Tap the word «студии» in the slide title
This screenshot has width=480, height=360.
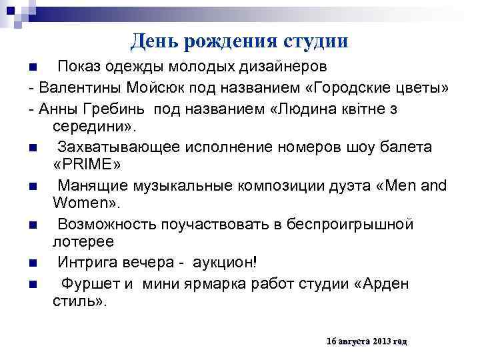coord(315,41)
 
